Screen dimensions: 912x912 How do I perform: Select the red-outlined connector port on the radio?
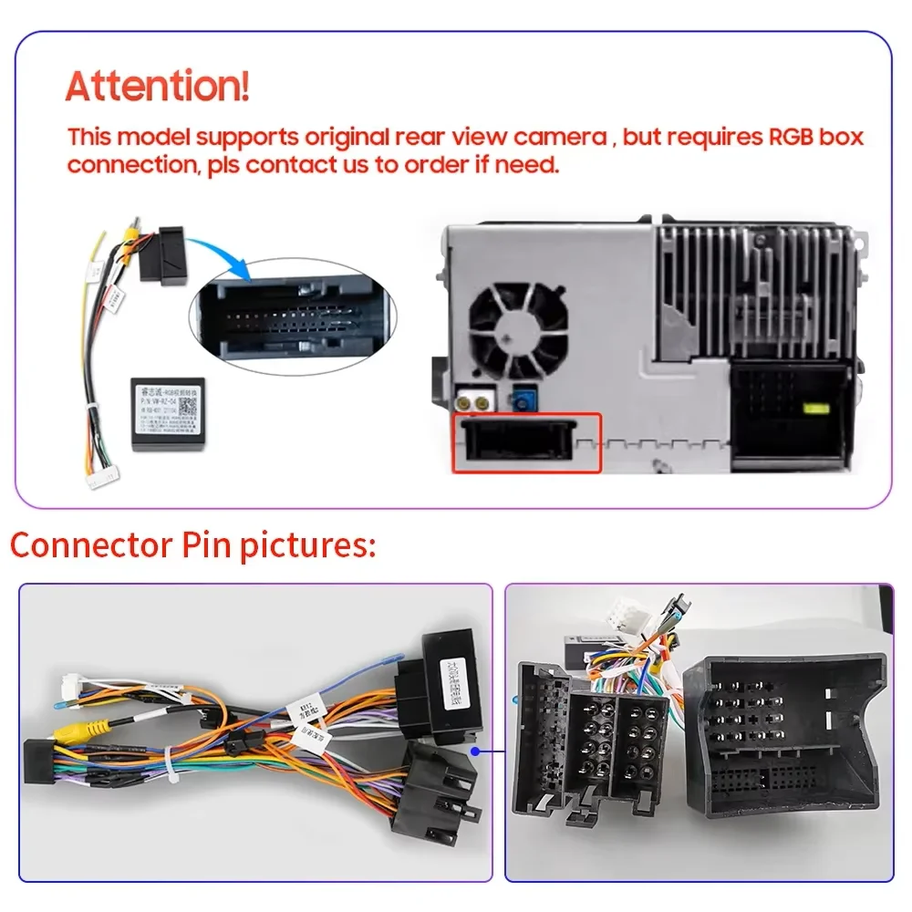(x=527, y=442)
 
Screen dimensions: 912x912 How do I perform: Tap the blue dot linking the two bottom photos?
(x=475, y=751)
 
